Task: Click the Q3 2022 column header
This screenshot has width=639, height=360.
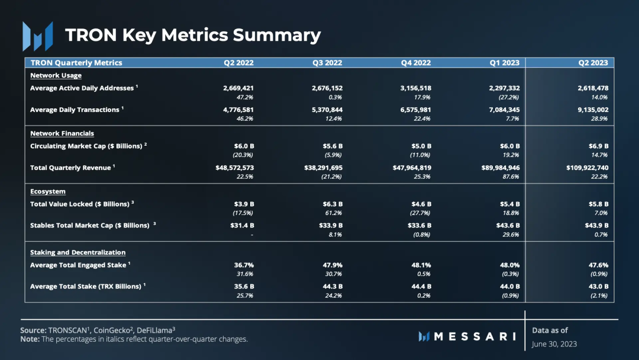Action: tap(327, 63)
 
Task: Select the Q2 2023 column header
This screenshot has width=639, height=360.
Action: tap(593, 63)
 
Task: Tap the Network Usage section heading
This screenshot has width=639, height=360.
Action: tap(56, 75)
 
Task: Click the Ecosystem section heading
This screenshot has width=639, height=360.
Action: tap(48, 191)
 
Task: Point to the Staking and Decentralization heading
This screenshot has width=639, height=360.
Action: tap(78, 252)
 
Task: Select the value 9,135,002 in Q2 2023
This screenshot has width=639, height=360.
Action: tap(593, 110)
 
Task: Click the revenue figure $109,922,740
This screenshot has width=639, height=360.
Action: tap(588, 168)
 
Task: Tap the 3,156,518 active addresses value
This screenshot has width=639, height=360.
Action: tap(416, 88)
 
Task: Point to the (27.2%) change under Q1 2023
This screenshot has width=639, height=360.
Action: tap(509, 98)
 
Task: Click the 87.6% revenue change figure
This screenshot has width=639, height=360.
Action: tap(511, 176)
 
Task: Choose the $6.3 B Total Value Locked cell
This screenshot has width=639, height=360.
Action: tap(333, 204)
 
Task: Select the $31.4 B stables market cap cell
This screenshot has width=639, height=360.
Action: tap(242, 226)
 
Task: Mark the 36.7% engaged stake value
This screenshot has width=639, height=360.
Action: tap(244, 265)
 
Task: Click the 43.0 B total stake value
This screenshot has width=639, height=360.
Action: tap(598, 287)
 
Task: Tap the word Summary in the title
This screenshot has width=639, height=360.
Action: tap(277, 35)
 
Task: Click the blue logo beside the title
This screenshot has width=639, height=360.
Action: tap(37, 36)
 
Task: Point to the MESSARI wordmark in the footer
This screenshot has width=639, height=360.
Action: tap(467, 336)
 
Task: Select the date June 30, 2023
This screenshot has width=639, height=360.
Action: tap(554, 344)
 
